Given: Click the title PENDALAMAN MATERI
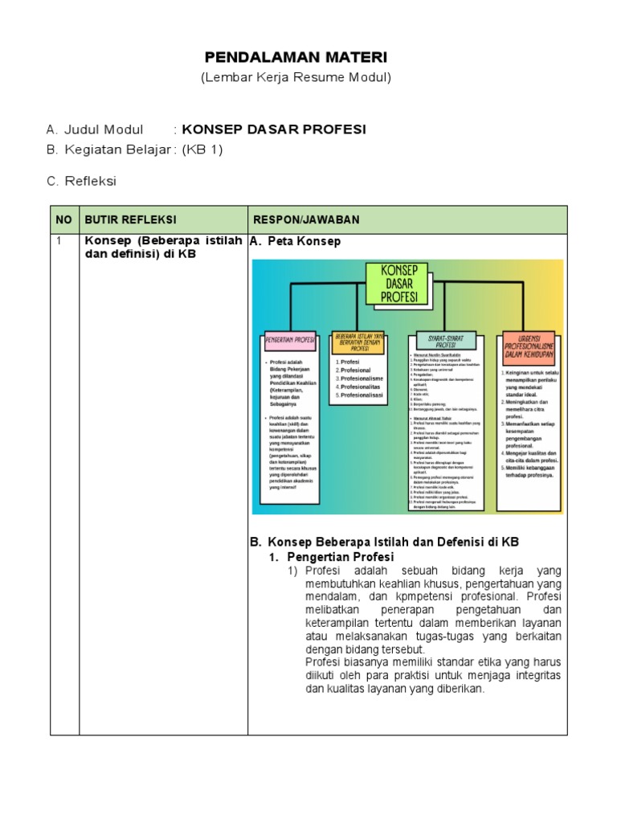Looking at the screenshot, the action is point(296,57).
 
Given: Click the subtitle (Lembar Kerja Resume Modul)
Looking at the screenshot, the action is point(296,77).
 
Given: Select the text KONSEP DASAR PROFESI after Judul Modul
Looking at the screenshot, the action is point(274,129).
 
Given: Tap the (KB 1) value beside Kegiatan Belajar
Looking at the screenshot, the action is point(202,149).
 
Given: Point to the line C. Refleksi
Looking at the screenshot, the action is point(81,181).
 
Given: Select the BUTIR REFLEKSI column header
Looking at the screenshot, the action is point(130,220).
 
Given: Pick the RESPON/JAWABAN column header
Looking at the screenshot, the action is point(307,220).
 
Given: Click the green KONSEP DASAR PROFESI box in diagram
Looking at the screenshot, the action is point(396,284).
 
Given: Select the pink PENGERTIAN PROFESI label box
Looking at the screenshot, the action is point(290,340).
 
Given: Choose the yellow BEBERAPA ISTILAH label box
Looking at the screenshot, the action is point(358,342).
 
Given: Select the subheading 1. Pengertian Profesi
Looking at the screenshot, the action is point(331,557).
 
